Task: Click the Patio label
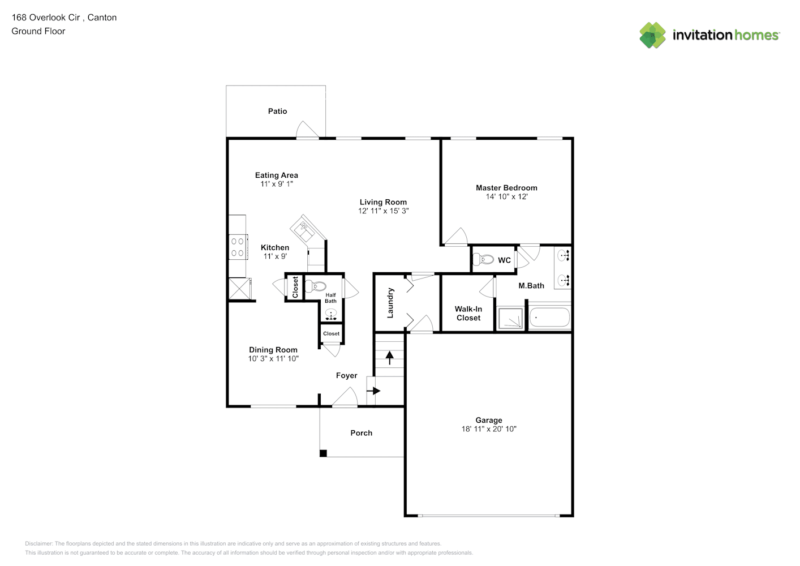click(x=277, y=112)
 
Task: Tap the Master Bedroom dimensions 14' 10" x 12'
click(x=506, y=197)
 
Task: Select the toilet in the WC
click(x=483, y=260)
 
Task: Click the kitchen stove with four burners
click(x=238, y=247)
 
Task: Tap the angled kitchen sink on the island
click(x=306, y=229)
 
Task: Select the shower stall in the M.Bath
click(x=510, y=319)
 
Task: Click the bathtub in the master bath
click(x=549, y=318)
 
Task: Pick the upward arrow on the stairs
click(x=389, y=357)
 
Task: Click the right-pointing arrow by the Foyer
click(x=373, y=391)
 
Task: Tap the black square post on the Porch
click(x=323, y=453)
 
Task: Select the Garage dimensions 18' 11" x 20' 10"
click(x=489, y=429)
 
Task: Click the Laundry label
click(x=390, y=303)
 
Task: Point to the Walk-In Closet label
click(x=468, y=314)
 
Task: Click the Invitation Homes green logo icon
click(x=652, y=35)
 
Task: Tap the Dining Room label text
click(x=273, y=350)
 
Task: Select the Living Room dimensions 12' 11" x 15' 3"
click(x=383, y=211)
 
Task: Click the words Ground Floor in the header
click(x=38, y=31)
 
